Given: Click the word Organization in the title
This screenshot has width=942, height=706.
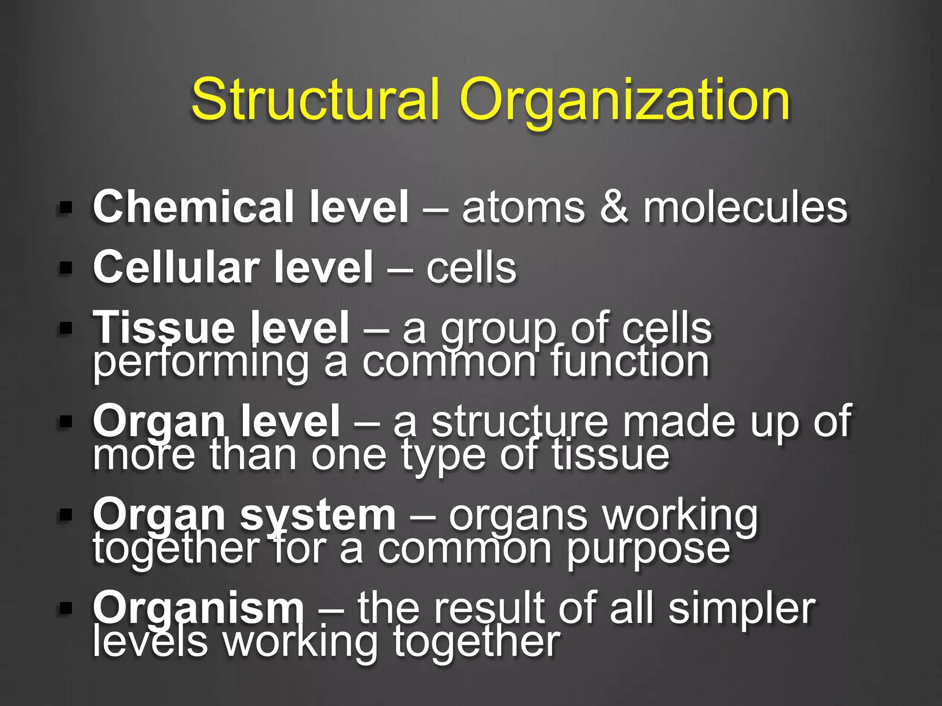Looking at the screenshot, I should coord(624,101).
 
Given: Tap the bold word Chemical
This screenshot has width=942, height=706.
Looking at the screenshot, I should coord(194,207).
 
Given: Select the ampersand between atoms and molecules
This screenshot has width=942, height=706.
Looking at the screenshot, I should coord(614,207).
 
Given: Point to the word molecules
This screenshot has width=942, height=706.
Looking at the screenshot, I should coord(745,207).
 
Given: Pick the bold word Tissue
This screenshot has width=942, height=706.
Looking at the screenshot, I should coord(163,327).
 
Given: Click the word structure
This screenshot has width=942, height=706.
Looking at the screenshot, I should coord(520,421).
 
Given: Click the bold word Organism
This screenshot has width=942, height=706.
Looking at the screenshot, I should coord(198,609).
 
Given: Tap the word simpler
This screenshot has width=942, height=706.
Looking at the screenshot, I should coord(742,609).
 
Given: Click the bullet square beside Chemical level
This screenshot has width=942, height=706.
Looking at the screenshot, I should coord(66,207).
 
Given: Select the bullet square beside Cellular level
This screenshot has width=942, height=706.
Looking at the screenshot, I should coord(66,268).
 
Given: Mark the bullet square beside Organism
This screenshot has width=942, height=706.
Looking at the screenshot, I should coord(66,609).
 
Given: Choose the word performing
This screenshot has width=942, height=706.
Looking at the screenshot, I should coord(201,363).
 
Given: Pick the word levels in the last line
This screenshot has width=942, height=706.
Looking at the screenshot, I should coord(150,642).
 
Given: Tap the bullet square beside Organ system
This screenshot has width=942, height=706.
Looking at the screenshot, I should coord(66,515).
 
